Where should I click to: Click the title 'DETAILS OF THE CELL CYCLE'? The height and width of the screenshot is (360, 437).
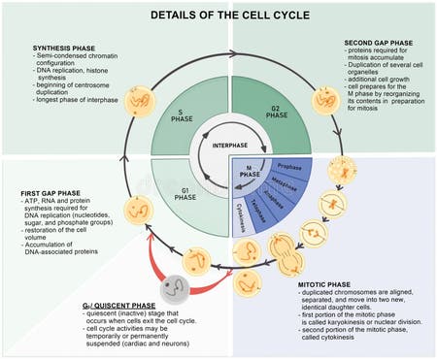click(x=218, y=16)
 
